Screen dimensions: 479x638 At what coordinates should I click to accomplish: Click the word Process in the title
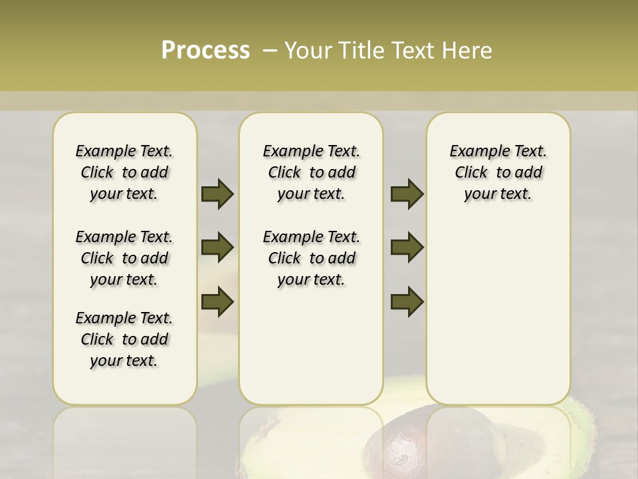[x=205, y=50]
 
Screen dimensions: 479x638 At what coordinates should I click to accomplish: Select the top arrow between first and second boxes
[x=217, y=194]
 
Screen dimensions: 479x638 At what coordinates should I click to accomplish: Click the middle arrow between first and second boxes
[x=217, y=247]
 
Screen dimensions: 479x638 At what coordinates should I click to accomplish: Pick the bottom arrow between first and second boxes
[x=217, y=301]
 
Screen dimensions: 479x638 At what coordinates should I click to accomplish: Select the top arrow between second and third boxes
[x=407, y=194]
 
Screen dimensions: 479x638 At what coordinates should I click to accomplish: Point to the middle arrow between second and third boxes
[x=407, y=247]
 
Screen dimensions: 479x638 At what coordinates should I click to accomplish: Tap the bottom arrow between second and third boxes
[x=407, y=301]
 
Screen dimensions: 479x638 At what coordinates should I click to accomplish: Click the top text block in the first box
[x=124, y=172]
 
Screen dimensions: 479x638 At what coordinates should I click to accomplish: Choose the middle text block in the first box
[x=124, y=258]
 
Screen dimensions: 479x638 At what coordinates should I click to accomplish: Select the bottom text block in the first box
[x=124, y=339]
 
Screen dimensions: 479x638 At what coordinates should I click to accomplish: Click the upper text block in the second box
[x=312, y=172]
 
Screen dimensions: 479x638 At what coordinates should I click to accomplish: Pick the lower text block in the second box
[x=312, y=258]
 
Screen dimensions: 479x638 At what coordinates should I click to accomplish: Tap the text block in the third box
[x=498, y=172]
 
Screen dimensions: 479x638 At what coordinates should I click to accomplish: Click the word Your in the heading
[x=310, y=50]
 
